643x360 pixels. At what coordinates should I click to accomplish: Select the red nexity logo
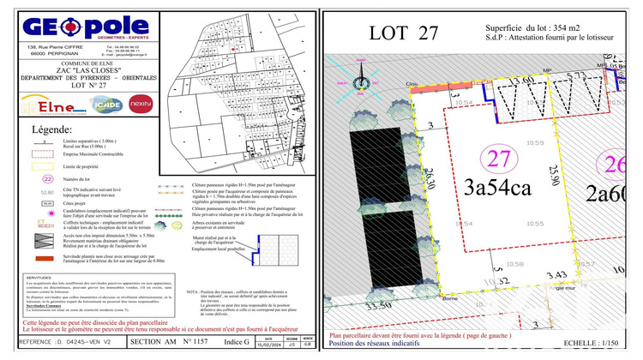(140, 104)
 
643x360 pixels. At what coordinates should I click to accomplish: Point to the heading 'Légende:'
(52, 129)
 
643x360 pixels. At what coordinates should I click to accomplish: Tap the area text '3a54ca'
(499, 188)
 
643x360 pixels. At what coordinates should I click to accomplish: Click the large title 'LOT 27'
(403, 34)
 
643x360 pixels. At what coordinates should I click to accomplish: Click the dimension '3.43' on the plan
(556, 273)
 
